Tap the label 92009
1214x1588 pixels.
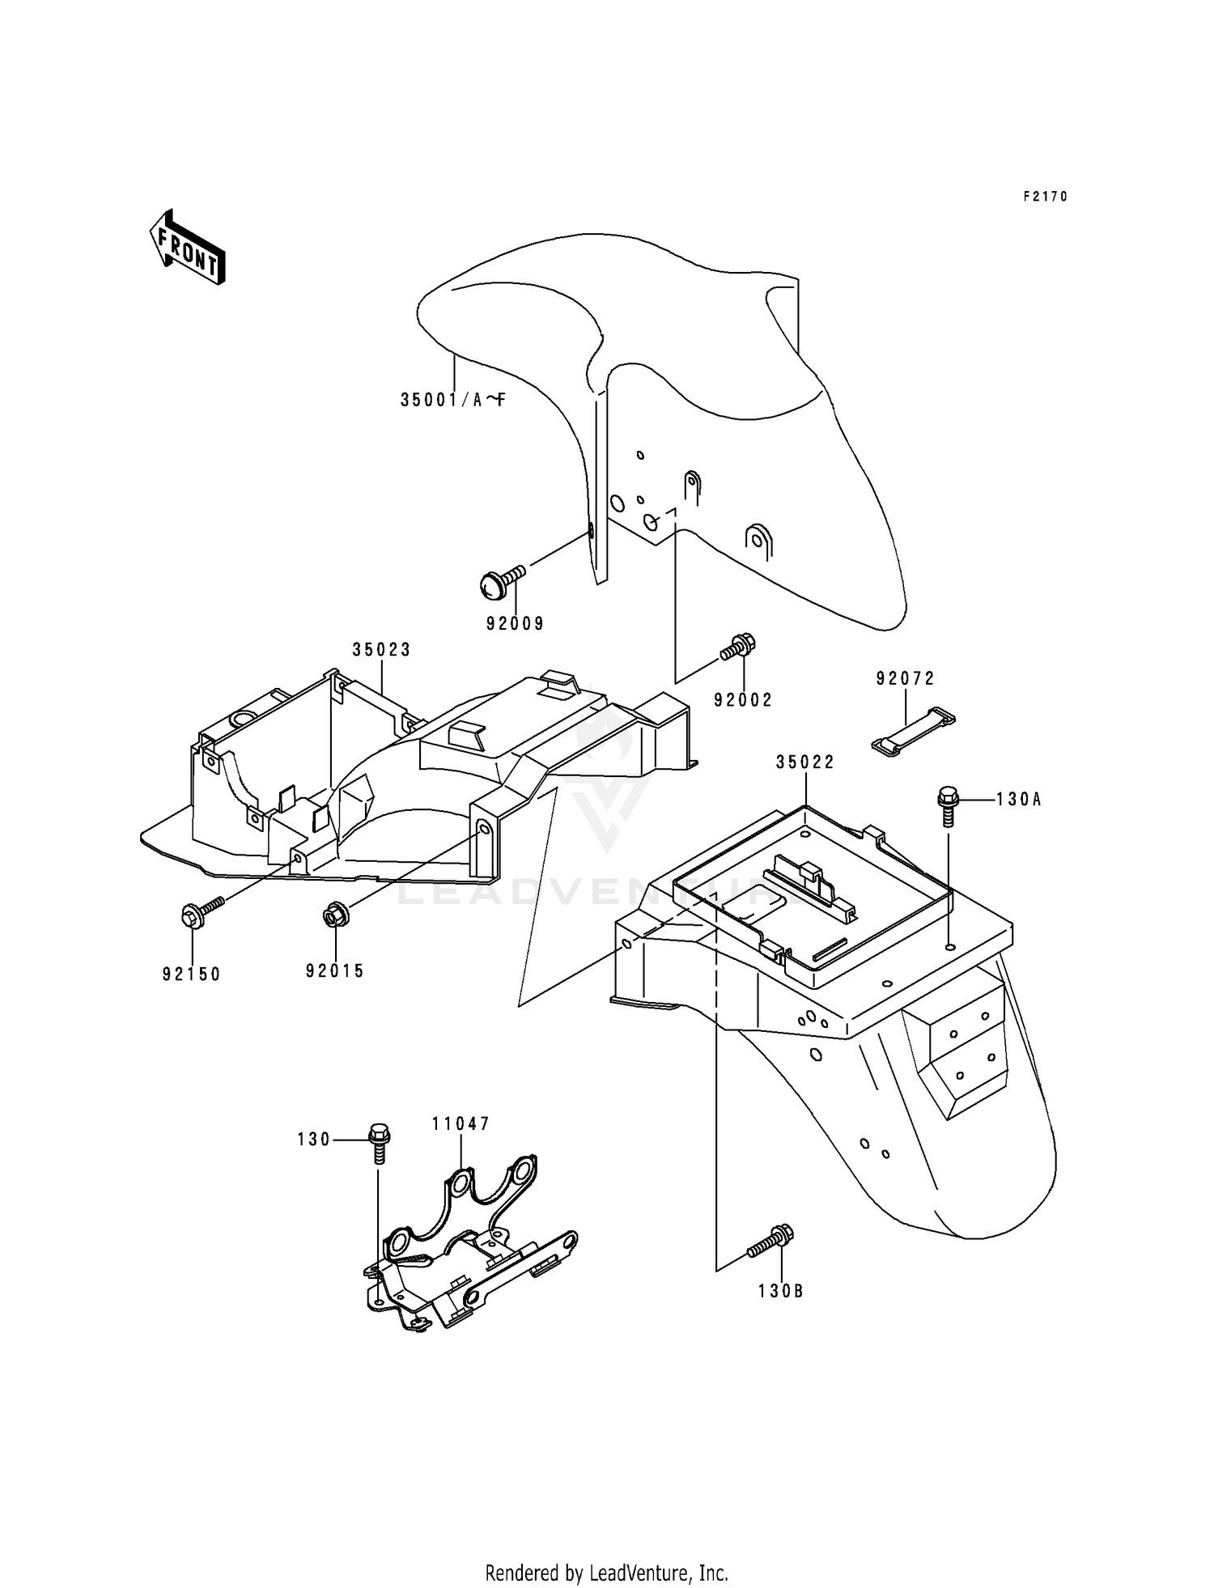515,623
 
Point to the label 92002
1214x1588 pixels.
743,700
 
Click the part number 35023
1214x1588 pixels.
381,649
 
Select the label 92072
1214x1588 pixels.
905,679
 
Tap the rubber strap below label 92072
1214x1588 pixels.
912,723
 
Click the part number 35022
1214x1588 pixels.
804,762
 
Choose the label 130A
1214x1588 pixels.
1018,800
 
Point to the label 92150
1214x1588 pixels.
192,974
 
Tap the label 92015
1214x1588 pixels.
335,970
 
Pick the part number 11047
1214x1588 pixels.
461,1123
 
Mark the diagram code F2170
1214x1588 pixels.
1045,196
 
